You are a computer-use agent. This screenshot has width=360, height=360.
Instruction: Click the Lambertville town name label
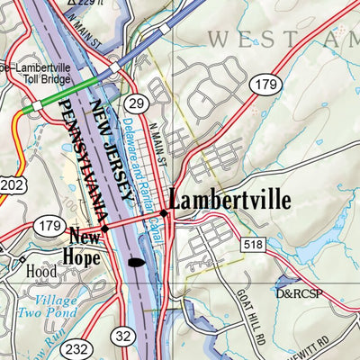click(x=229, y=200)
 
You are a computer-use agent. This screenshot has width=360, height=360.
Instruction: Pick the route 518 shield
click(x=253, y=244)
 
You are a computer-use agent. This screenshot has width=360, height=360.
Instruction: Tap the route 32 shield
click(x=124, y=336)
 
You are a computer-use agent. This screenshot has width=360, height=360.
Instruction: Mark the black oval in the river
click(x=136, y=263)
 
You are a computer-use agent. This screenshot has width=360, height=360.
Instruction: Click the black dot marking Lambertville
click(x=164, y=213)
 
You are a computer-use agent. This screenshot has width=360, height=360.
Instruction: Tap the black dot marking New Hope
click(x=105, y=229)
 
